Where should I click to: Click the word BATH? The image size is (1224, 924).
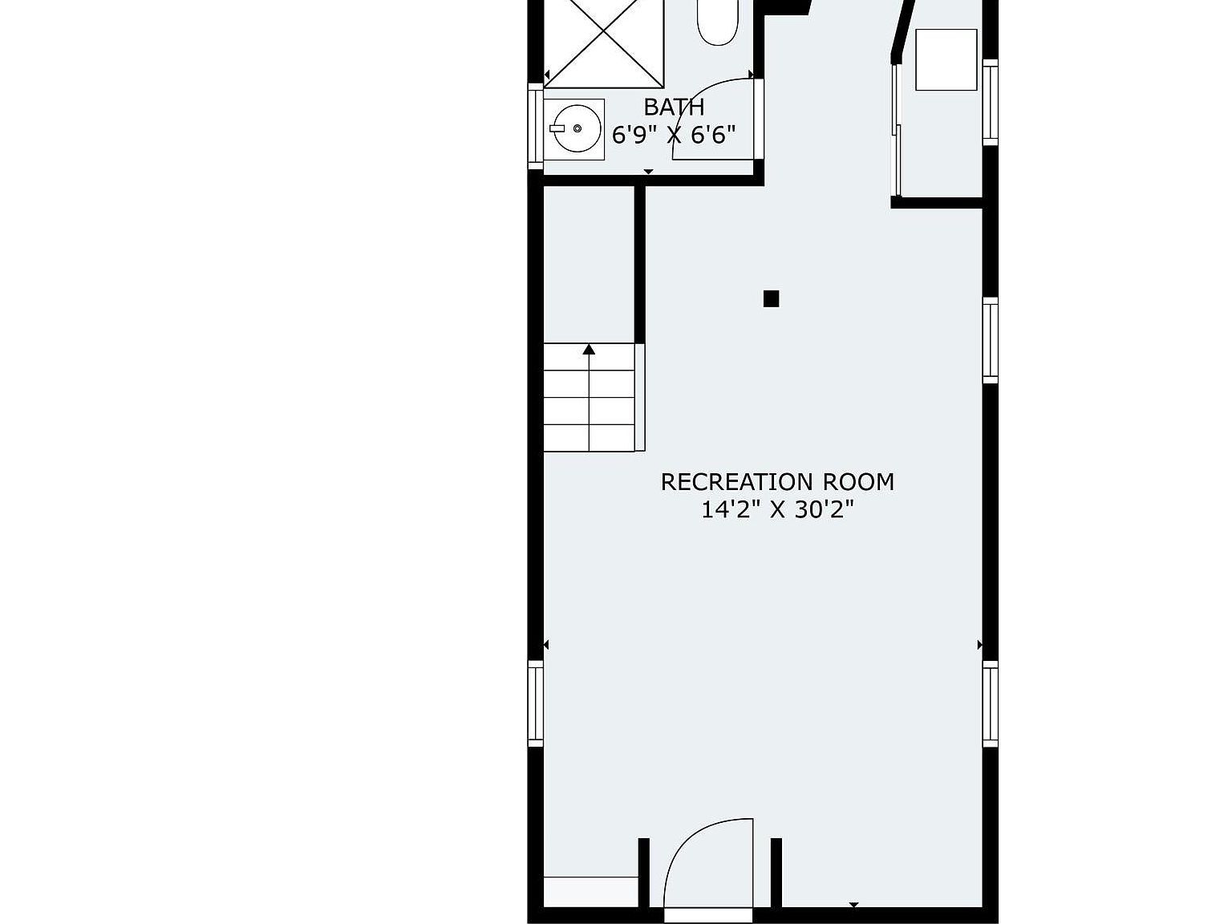click(674, 107)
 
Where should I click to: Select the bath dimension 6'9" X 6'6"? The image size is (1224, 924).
click(674, 135)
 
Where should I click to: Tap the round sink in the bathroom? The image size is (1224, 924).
click(574, 128)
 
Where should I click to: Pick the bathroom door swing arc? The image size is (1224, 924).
click(710, 116)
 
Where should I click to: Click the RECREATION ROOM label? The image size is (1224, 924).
click(776, 482)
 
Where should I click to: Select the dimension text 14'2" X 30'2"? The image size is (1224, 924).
click(776, 510)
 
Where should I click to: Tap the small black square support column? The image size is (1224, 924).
click(771, 299)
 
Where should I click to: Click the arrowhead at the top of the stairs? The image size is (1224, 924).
click(590, 349)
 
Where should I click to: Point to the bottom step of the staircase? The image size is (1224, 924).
click(590, 438)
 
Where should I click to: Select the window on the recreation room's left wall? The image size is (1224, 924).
click(535, 703)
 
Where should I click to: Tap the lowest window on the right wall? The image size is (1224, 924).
click(991, 703)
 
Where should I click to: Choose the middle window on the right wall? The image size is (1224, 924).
click(991, 340)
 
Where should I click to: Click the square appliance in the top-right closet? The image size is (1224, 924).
click(946, 59)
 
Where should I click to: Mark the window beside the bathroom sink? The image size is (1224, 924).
click(535, 125)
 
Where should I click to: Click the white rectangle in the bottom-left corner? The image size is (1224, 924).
click(590, 891)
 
